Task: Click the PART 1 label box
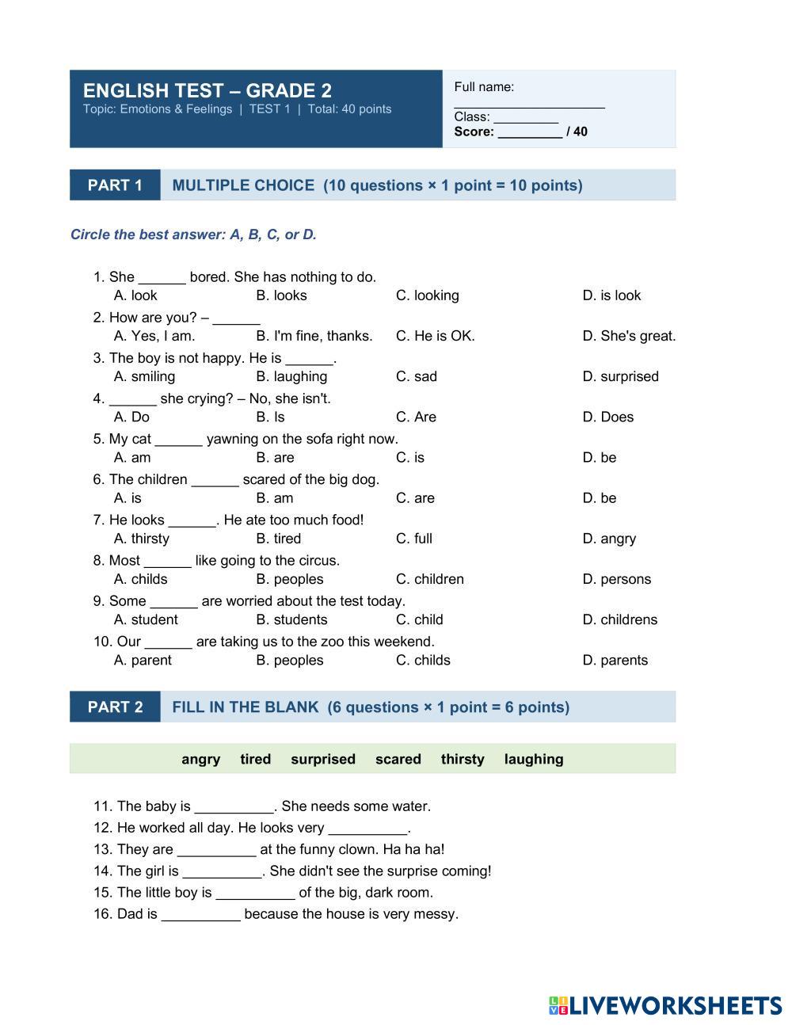pyautogui.click(x=115, y=185)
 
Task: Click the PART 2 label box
pyautogui.click(x=115, y=707)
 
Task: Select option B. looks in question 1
pyautogui.click(x=281, y=295)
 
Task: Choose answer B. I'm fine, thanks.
pyautogui.click(x=314, y=336)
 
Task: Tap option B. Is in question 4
pyautogui.click(x=270, y=417)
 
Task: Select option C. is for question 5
pyautogui.click(x=409, y=457)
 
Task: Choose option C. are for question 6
pyautogui.click(x=415, y=498)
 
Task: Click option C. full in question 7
pyautogui.click(x=413, y=539)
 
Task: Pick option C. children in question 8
pyautogui.click(x=429, y=579)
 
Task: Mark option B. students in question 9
pyautogui.click(x=291, y=619)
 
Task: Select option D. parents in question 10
pyautogui.click(x=615, y=660)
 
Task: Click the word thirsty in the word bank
pyautogui.click(x=463, y=759)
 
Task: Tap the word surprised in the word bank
pyautogui.click(x=323, y=759)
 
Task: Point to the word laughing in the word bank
pyautogui.click(x=534, y=759)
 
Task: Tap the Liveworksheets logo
pyautogui.click(x=664, y=1005)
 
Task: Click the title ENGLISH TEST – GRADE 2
pyautogui.click(x=208, y=90)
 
